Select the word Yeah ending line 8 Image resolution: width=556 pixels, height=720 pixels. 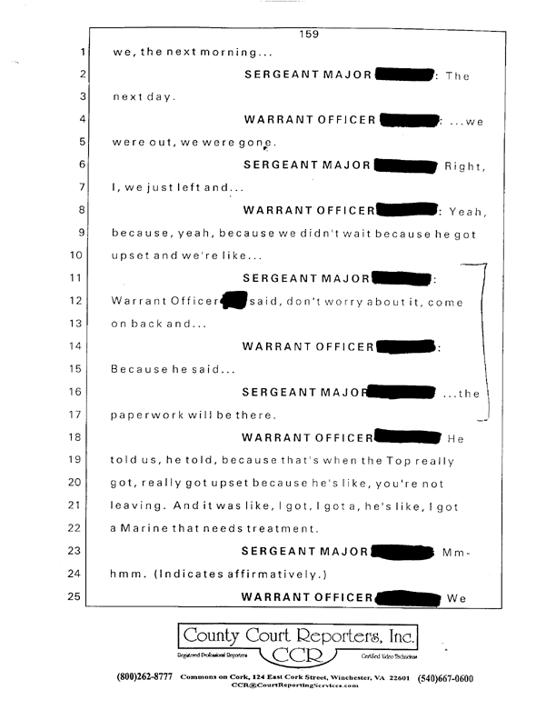point(468,211)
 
